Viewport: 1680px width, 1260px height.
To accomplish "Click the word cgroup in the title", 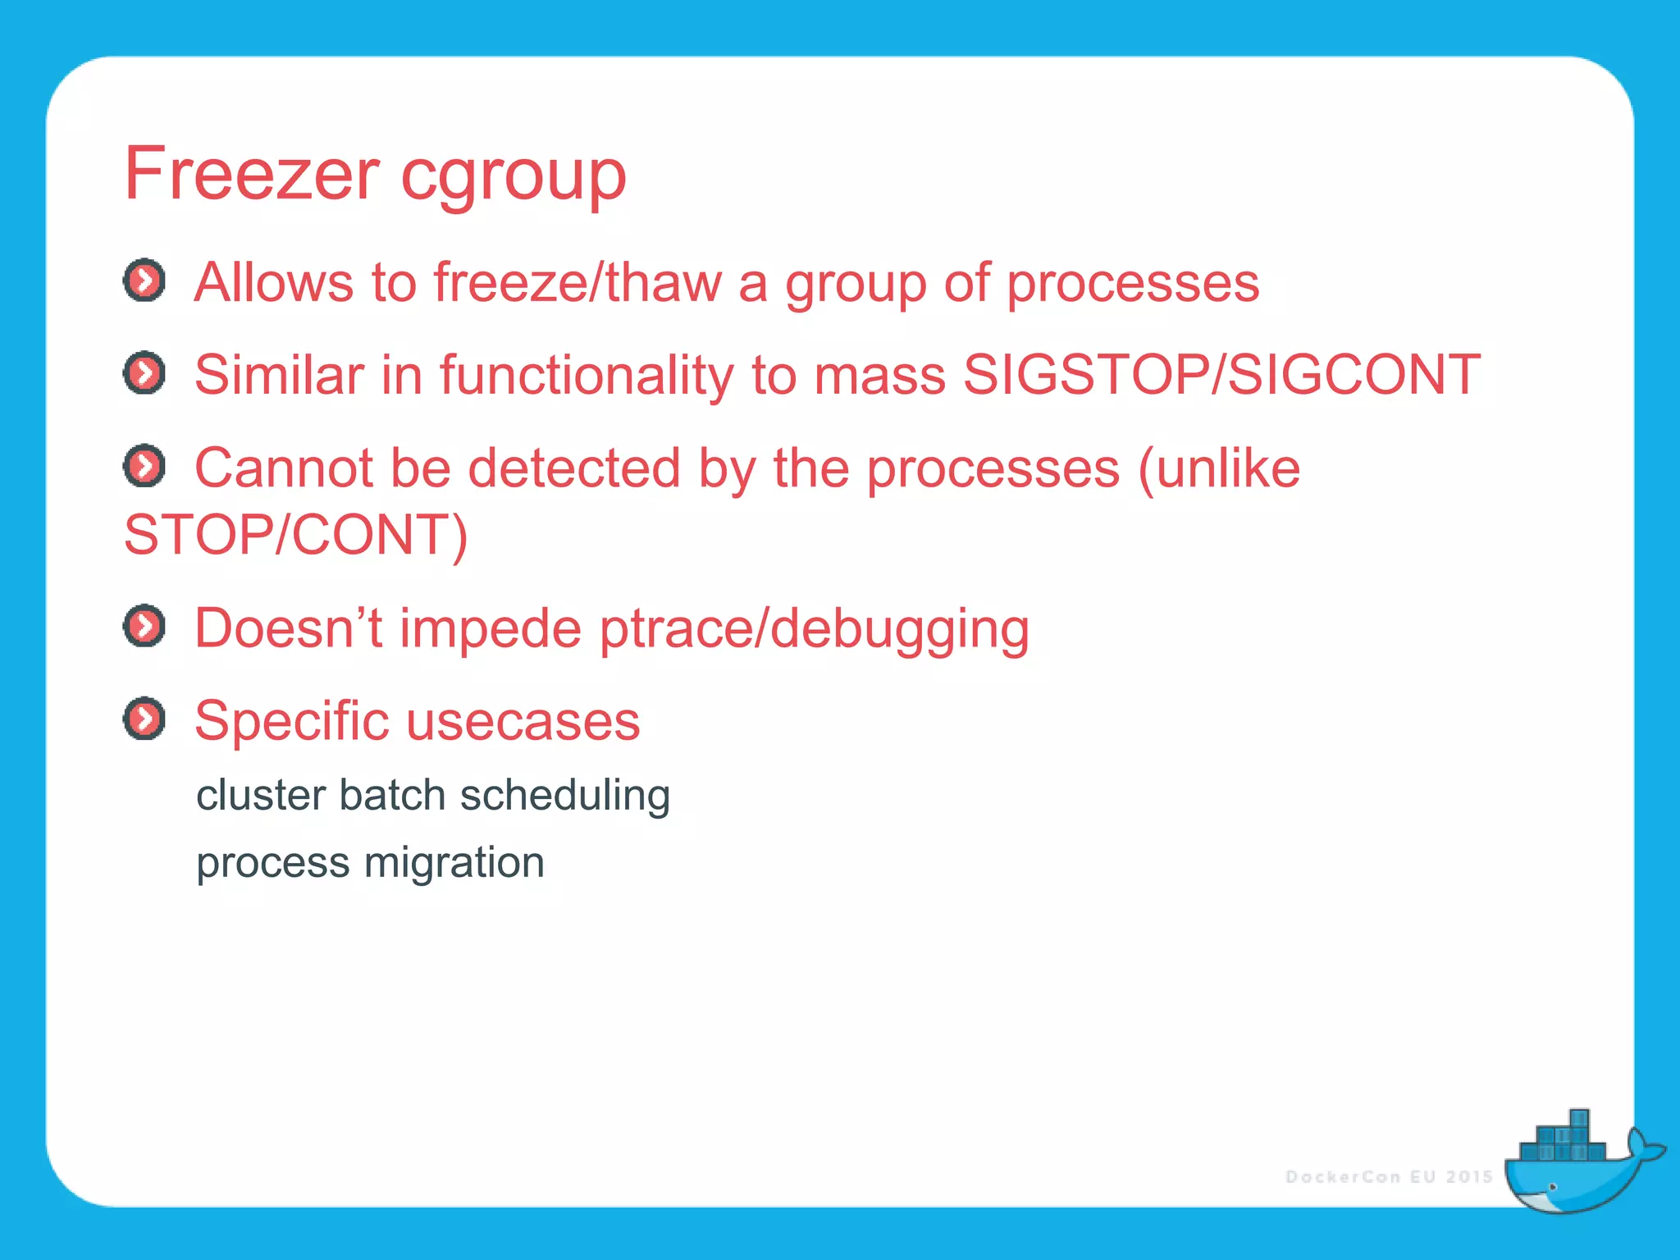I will tap(514, 176).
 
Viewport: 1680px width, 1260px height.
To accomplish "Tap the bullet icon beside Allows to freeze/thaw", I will tap(144, 281).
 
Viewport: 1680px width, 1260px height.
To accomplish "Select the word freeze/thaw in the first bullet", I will tap(577, 283).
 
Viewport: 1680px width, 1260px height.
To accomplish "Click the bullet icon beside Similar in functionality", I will tap(144, 374).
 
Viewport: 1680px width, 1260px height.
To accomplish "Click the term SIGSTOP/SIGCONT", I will tap(1221, 376).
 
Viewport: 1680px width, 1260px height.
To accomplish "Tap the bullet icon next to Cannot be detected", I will tap(144, 467).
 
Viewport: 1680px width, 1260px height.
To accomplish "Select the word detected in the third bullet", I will tap(574, 468).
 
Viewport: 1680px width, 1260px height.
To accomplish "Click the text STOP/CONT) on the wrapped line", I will tap(295, 536).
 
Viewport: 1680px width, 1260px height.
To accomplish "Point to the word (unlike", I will tap(1219, 468).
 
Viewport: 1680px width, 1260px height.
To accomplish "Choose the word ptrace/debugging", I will tap(814, 630).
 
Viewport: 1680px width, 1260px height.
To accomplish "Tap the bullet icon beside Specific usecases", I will tap(144, 719).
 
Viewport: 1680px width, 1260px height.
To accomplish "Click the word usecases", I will tap(523, 722).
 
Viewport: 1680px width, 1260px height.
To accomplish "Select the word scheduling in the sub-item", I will tap(565, 796).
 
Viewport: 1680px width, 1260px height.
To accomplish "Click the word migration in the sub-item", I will tap(454, 863).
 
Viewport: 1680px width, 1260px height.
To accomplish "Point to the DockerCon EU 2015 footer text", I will tap(1389, 1177).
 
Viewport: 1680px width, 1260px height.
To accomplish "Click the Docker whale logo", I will tap(1579, 1165).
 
